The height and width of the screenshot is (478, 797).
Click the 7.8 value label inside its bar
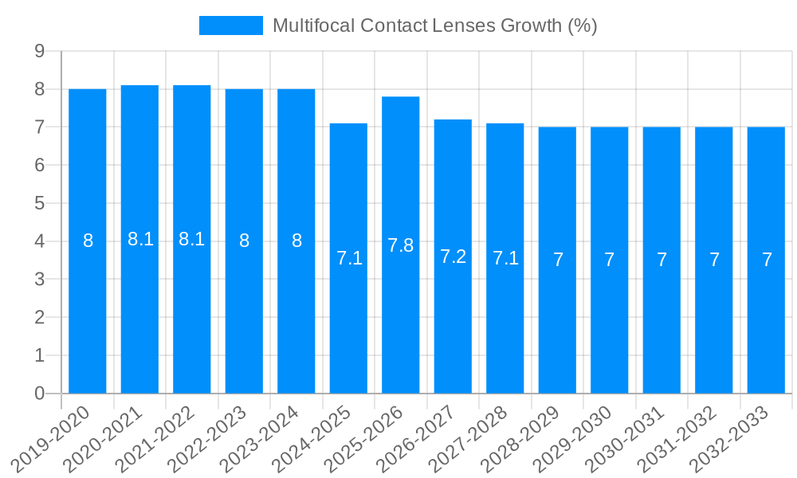click(x=401, y=245)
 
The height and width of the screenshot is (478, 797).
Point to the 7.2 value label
click(x=453, y=257)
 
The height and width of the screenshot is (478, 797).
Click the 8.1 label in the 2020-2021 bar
click(x=140, y=239)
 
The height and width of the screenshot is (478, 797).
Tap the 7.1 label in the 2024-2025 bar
click(x=349, y=258)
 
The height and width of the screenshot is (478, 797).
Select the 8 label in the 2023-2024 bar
click(x=296, y=241)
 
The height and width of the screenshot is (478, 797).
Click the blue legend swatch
click(x=231, y=25)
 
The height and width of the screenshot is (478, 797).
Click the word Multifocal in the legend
click(x=313, y=25)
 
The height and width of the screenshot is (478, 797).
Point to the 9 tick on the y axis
click(x=39, y=51)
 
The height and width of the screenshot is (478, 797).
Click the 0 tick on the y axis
click(x=39, y=394)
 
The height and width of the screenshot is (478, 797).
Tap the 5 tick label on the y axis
click(x=39, y=203)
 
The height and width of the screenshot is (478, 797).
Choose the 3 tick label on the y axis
click(x=39, y=280)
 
